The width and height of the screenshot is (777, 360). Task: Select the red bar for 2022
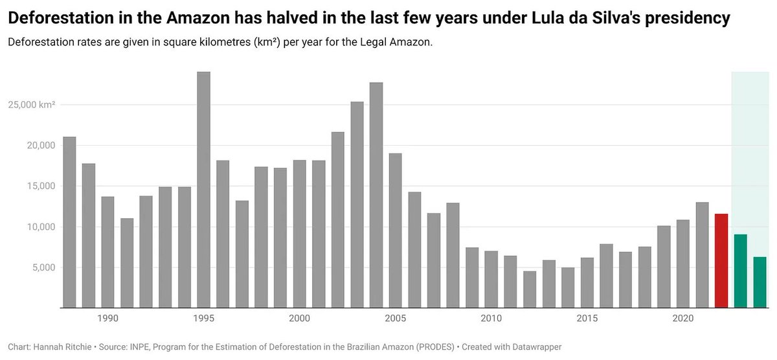click(721, 261)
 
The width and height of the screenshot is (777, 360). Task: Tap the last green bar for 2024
click(760, 282)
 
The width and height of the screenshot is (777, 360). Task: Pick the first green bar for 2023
click(741, 271)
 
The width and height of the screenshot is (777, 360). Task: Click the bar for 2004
click(376, 195)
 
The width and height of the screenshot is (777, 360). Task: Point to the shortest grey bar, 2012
click(530, 289)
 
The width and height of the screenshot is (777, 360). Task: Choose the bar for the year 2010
click(491, 279)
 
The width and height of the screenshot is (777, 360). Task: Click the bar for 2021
click(702, 255)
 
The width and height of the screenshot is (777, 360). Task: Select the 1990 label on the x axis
click(107, 319)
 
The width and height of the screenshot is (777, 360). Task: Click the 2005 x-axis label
click(396, 319)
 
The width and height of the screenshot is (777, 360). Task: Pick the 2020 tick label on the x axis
click(683, 319)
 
